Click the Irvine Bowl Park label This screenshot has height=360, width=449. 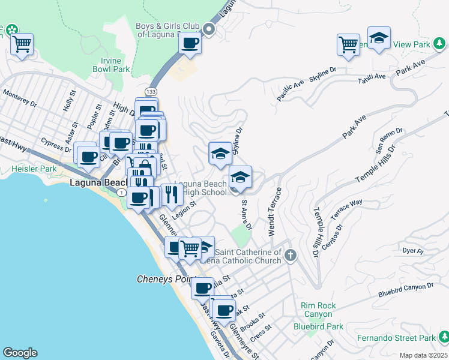(x=111, y=65)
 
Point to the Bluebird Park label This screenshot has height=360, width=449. (x=318, y=327)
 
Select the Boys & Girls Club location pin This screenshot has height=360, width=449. (x=209, y=29)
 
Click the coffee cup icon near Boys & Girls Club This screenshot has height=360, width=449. (x=190, y=43)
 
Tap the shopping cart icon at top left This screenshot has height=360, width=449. (x=22, y=43)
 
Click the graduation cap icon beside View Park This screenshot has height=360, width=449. (x=379, y=38)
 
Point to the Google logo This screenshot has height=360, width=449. (x=20, y=353)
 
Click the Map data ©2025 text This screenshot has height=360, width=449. (x=423, y=355)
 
